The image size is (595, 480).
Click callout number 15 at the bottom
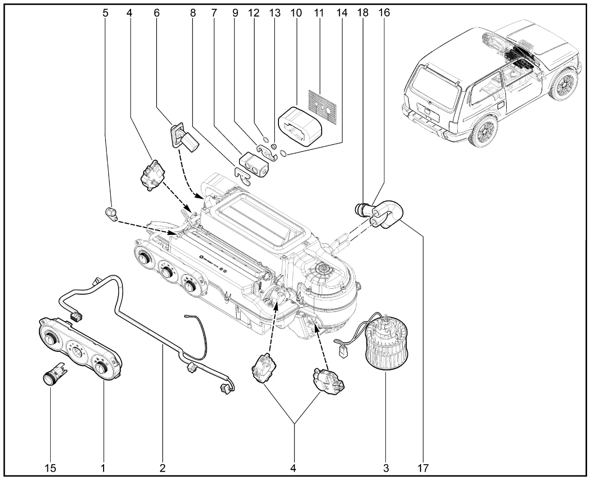point(51,468)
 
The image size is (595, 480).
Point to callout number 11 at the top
point(318,13)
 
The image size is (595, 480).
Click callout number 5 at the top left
point(106,13)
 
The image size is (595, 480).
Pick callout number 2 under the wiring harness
point(162,468)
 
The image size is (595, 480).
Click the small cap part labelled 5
point(112,214)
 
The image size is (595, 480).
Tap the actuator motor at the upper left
point(152,175)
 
